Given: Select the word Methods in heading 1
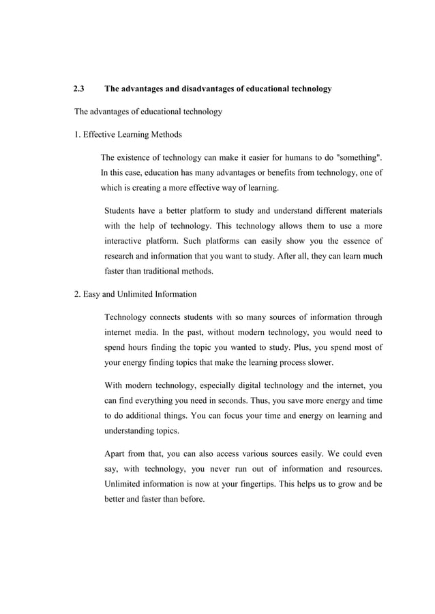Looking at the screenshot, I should [166, 134].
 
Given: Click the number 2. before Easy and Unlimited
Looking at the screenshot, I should [78, 294].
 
